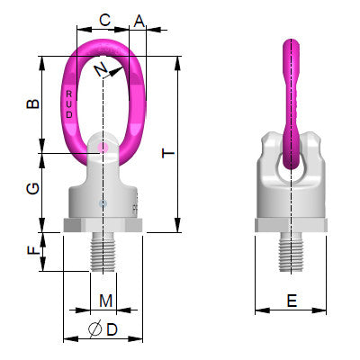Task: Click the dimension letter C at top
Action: [x=104, y=19]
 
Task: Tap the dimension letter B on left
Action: [x=32, y=103]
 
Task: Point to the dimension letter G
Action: [x=32, y=188]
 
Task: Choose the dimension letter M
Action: [x=105, y=300]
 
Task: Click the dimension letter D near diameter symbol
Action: [x=112, y=330]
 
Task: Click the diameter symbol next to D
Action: [x=95, y=331]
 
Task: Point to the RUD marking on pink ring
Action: [x=70, y=103]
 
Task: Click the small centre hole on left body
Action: [x=104, y=202]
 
